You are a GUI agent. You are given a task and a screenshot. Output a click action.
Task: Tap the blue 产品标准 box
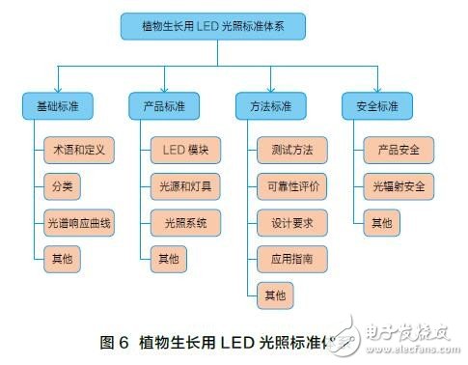pos(164,104)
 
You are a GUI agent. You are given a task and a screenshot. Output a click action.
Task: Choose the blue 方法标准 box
pos(270,104)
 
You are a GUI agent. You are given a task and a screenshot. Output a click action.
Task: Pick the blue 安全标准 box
pos(376,104)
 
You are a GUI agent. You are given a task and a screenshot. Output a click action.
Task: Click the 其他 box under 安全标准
pos(382,223)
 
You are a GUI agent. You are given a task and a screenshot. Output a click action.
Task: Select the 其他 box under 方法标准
pos(275,295)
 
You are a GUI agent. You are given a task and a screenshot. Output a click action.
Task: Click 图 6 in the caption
pos(115,342)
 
